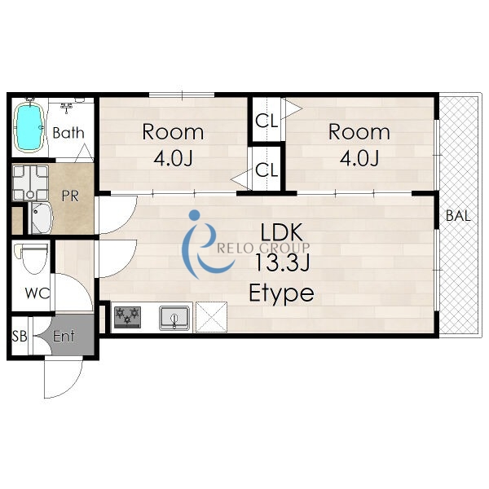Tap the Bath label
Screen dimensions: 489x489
point(68,133)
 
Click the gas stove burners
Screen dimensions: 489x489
point(128,317)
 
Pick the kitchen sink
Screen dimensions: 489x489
point(174,318)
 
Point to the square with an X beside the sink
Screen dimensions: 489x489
point(211,317)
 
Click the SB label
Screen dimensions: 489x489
point(20,336)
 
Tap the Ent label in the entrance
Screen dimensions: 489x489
point(64,336)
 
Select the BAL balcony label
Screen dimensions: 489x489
point(458,216)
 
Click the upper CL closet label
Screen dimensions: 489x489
point(267,121)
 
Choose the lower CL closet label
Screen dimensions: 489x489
point(267,170)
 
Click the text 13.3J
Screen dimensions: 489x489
point(282,262)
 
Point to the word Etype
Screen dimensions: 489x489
point(281,293)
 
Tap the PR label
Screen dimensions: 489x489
point(70,196)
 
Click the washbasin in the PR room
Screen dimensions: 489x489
point(42,218)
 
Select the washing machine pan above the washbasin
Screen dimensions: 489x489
point(30,183)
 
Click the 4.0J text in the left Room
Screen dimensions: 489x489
point(173,158)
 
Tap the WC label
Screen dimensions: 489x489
point(37,293)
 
